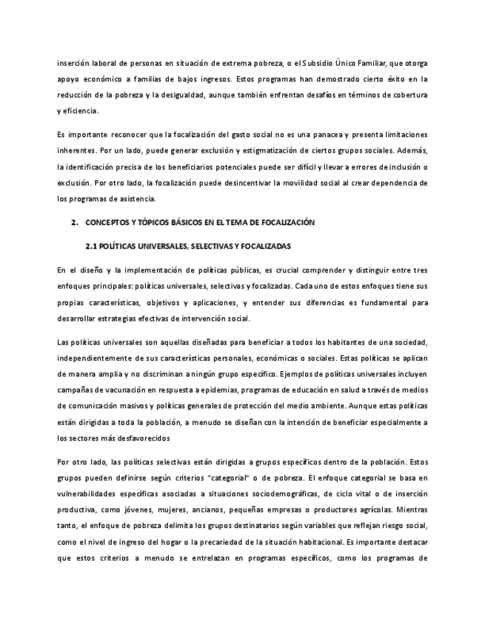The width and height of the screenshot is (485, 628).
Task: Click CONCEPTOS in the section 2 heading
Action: point(109,222)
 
